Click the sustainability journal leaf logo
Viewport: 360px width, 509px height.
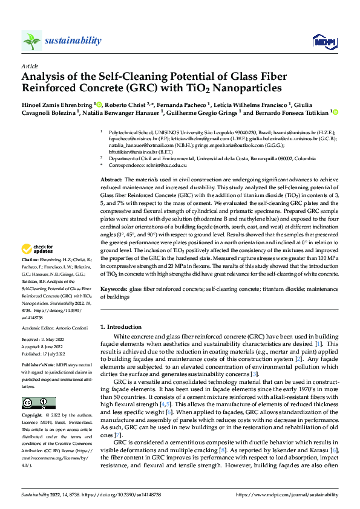pyautogui.click(x=31, y=41)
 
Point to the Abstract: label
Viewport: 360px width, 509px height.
pyautogui.click(x=111, y=180)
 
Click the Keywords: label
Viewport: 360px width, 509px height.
pyautogui.click(x=113, y=290)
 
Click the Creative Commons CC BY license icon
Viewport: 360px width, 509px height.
pyautogui.click(x=38, y=403)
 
